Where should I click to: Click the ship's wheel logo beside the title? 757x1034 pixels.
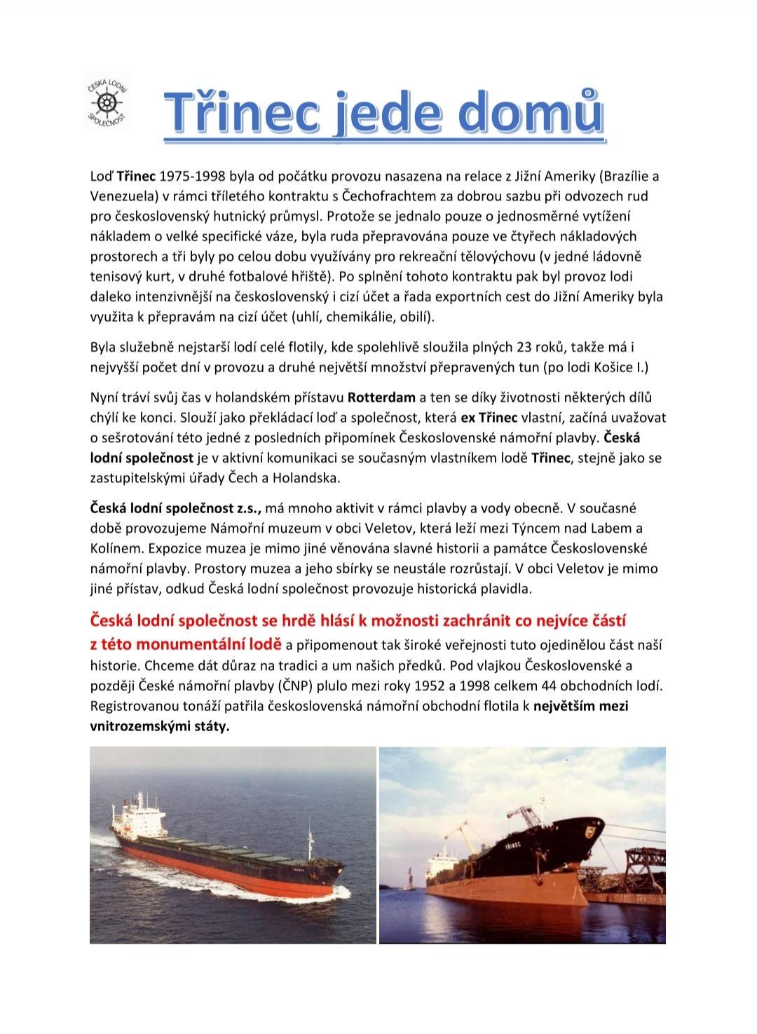pyautogui.click(x=107, y=102)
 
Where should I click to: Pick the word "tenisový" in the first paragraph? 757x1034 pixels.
pyautogui.click(x=114, y=276)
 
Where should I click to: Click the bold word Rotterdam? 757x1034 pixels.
pyautogui.click(x=381, y=397)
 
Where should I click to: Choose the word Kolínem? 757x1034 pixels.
pyautogui.click(x=115, y=548)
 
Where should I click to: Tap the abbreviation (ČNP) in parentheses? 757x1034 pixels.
pyautogui.click(x=301, y=685)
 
